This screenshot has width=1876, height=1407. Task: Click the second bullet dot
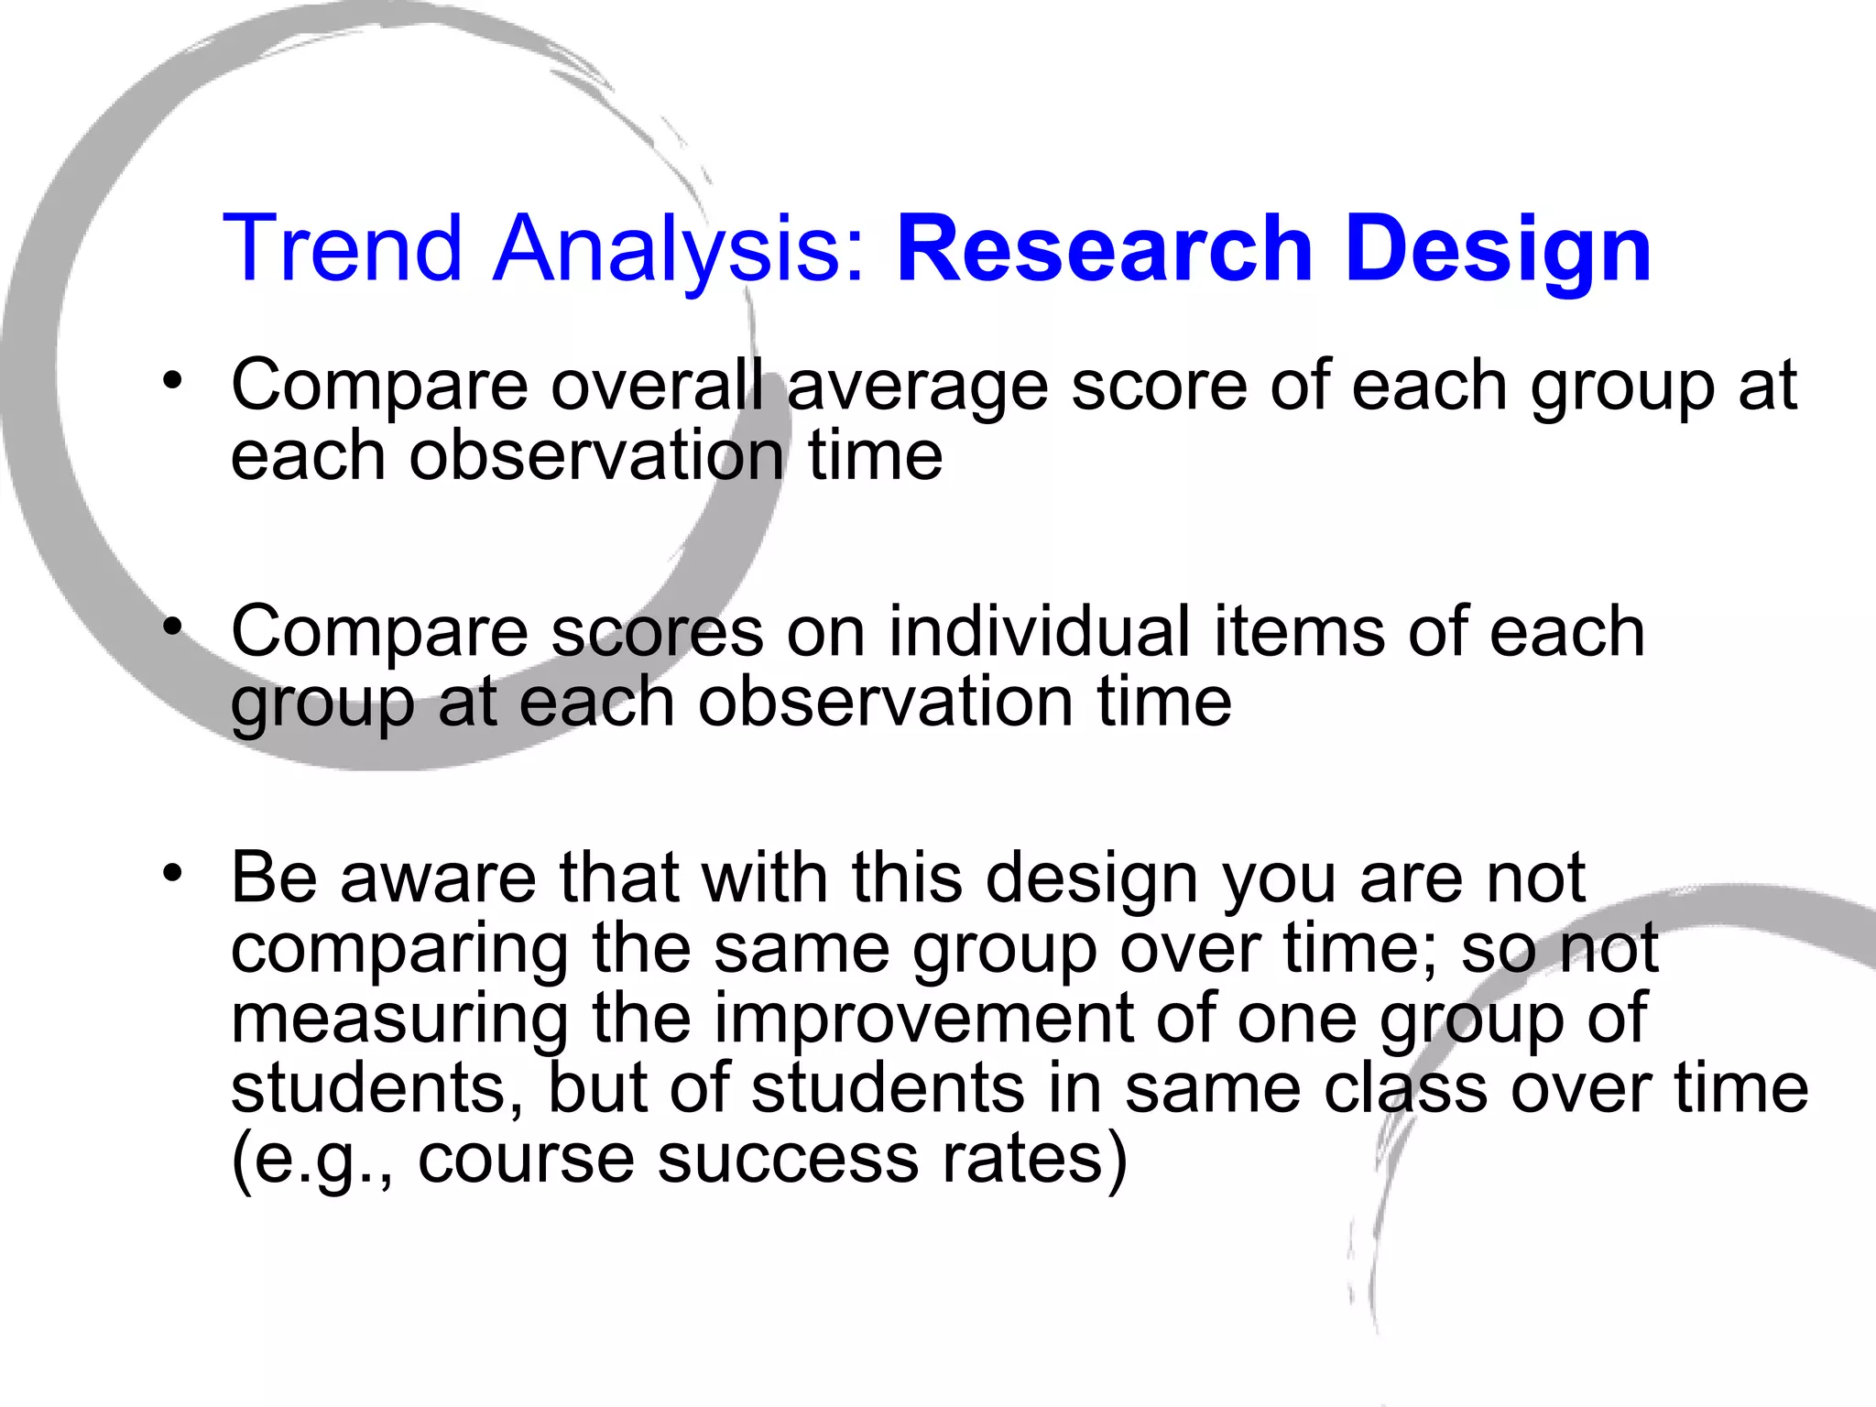point(171,627)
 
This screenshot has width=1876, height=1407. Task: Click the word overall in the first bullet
point(657,385)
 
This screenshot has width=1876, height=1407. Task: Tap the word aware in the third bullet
point(438,878)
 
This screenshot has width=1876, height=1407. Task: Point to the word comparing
point(399,951)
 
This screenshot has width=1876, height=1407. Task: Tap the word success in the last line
point(788,1160)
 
